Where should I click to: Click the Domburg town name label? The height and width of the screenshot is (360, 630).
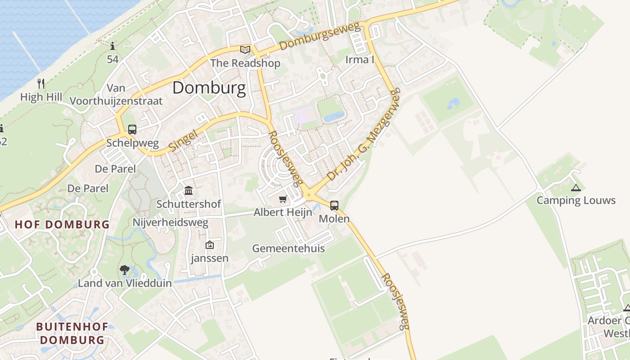[209, 88]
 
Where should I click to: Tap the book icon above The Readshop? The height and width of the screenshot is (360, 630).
[245, 49]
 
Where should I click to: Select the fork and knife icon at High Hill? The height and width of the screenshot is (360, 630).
[41, 83]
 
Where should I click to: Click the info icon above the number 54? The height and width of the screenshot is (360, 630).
[112, 46]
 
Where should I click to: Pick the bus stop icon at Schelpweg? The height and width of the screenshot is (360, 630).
[132, 130]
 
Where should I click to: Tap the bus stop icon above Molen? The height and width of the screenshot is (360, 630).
[334, 206]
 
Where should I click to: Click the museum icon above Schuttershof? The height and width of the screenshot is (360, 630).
[189, 191]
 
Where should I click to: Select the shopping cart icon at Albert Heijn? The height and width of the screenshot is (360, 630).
[283, 199]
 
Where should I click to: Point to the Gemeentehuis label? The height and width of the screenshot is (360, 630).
[288, 248]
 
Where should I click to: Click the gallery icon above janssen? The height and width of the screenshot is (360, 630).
[209, 245]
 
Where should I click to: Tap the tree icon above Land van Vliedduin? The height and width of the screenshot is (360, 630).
[125, 270]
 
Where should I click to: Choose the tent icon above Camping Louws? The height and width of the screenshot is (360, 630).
[576, 188]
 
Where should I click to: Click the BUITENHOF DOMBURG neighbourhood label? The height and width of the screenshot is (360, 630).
[72, 333]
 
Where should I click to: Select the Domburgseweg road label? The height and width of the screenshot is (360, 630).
[320, 37]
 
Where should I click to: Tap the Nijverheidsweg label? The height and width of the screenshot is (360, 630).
[171, 222]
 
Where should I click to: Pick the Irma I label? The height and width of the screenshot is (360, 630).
[360, 59]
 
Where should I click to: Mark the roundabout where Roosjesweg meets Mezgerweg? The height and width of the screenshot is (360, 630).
[309, 195]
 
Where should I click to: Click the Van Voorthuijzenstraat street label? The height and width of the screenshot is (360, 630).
[116, 94]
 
